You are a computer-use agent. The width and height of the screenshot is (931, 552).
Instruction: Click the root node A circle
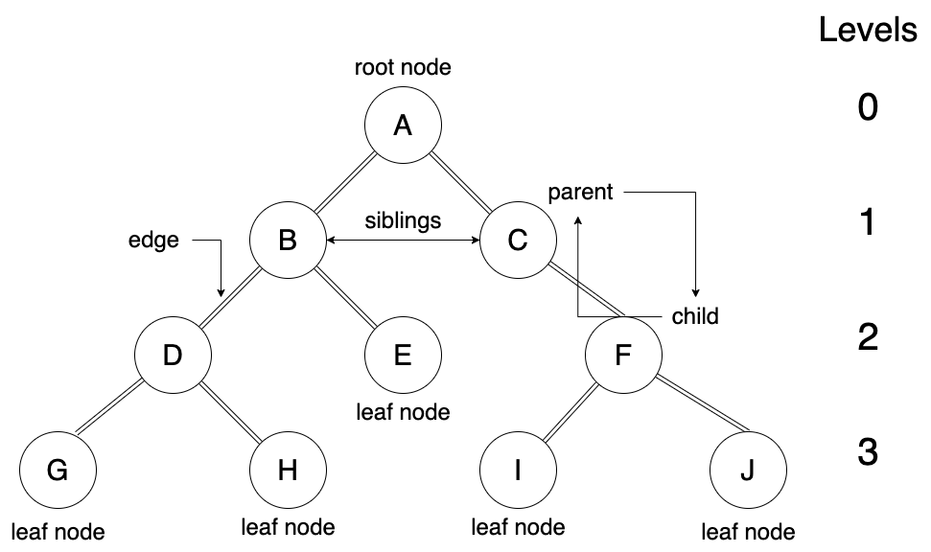[403, 126]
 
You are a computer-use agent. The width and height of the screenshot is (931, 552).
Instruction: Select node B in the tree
[288, 241]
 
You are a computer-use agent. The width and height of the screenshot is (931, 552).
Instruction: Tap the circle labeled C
[518, 241]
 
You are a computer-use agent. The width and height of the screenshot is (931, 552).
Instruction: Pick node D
[173, 356]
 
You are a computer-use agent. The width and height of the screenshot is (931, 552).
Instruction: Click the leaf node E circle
[403, 356]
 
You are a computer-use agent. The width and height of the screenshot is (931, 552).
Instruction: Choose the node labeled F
[623, 356]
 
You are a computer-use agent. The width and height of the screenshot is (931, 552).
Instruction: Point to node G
[58, 471]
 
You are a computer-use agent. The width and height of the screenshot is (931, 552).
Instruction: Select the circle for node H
[288, 471]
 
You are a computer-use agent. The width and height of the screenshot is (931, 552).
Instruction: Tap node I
[518, 471]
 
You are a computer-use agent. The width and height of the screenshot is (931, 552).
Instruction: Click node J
[748, 471]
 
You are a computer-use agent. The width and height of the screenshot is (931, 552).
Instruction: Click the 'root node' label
[403, 68]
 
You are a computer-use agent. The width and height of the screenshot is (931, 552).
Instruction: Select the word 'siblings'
[403, 220]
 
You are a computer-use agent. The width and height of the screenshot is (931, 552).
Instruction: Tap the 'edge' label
[153, 240]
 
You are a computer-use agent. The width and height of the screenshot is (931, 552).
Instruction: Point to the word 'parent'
[580, 193]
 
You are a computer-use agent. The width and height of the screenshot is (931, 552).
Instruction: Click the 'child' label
[695, 316]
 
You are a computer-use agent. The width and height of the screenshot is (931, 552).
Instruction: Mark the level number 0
[867, 107]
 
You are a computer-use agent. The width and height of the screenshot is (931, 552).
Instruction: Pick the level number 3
[867, 451]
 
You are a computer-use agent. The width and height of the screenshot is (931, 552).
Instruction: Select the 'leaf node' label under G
[58, 531]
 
